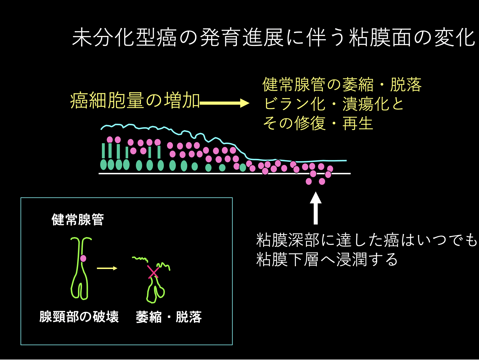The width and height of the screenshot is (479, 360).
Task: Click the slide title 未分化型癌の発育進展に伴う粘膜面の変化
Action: coord(273,38)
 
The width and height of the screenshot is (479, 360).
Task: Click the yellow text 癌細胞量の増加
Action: coord(135,100)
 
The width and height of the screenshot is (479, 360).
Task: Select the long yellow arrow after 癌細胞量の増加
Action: coord(224,103)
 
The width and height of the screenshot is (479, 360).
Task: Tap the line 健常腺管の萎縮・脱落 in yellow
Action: coord(342,84)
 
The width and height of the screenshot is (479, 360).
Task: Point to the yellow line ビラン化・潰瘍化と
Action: coord(333,104)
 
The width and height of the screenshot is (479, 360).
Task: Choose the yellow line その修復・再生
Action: coord(318,123)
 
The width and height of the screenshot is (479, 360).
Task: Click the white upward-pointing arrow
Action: coord(316,208)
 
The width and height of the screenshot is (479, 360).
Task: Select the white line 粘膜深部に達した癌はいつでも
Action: coord(367,240)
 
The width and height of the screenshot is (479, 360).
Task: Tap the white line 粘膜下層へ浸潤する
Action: coord(327,259)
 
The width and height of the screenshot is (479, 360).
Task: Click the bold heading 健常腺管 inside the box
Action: coord(78,220)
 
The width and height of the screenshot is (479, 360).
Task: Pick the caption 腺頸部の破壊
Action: coord(79,317)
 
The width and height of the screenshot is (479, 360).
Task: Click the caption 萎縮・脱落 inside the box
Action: coord(169,317)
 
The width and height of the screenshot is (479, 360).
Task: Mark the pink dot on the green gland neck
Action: coord(83,258)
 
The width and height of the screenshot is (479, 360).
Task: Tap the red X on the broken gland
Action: coord(153,272)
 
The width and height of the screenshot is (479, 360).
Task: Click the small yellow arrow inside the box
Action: coord(107,268)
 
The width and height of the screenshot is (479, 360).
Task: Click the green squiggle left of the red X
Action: coord(140,258)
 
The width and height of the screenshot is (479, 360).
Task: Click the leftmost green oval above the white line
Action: coord(103,165)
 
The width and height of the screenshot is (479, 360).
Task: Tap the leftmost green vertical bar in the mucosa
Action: coord(103,151)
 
